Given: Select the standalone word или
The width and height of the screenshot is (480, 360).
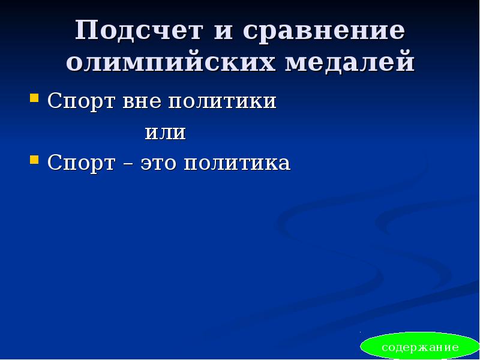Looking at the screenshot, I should pyautogui.click(x=166, y=132).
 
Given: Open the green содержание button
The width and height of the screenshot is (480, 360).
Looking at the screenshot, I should pyautogui.click(x=420, y=347).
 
